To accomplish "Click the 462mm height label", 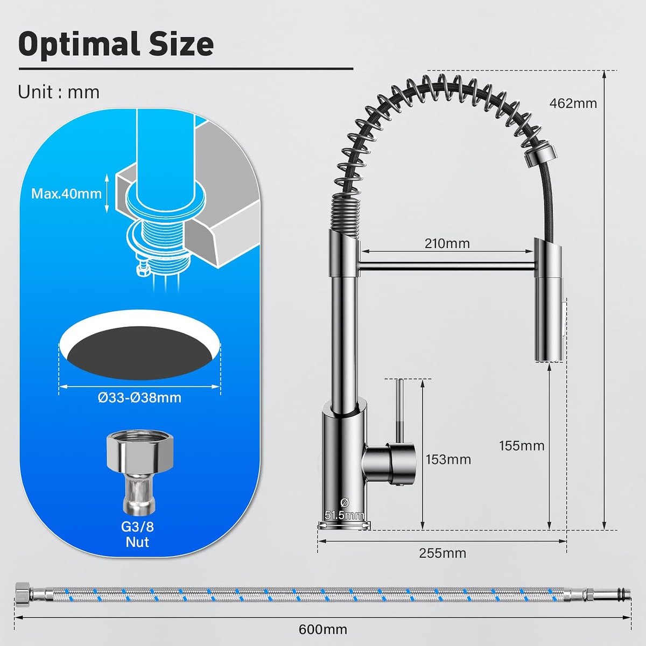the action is (573, 103).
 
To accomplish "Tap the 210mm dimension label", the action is (447, 243).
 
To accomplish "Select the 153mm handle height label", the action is (448, 459).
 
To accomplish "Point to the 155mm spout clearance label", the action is (522, 446).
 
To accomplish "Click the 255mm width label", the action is (443, 553).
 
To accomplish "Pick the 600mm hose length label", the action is (323, 629).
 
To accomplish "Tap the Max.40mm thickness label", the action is (66, 194).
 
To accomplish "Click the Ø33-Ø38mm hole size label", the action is (139, 398).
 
